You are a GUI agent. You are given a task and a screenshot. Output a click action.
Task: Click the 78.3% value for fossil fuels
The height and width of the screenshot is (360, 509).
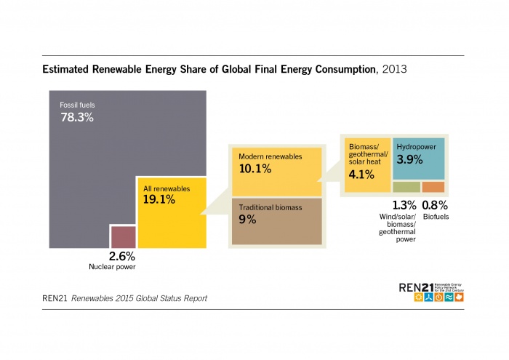coord(76,116)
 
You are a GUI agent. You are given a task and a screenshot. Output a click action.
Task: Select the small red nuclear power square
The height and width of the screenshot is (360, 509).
coord(122,237)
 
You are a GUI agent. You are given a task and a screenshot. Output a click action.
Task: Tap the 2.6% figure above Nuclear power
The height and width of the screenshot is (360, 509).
coord(121,256)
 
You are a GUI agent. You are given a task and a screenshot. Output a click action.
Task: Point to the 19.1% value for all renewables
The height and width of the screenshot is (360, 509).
coord(159,199)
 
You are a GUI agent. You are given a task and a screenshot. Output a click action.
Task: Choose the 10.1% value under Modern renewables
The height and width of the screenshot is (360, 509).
coord(255,169)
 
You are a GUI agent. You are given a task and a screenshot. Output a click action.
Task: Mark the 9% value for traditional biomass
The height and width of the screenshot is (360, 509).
coord(247,219)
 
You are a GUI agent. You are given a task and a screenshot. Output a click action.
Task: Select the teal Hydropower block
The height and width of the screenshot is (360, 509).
coord(419,164)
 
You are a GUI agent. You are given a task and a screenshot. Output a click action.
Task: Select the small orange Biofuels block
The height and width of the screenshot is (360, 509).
coord(433,187)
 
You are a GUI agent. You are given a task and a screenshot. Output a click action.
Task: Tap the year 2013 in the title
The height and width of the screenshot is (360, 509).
coord(394,70)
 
